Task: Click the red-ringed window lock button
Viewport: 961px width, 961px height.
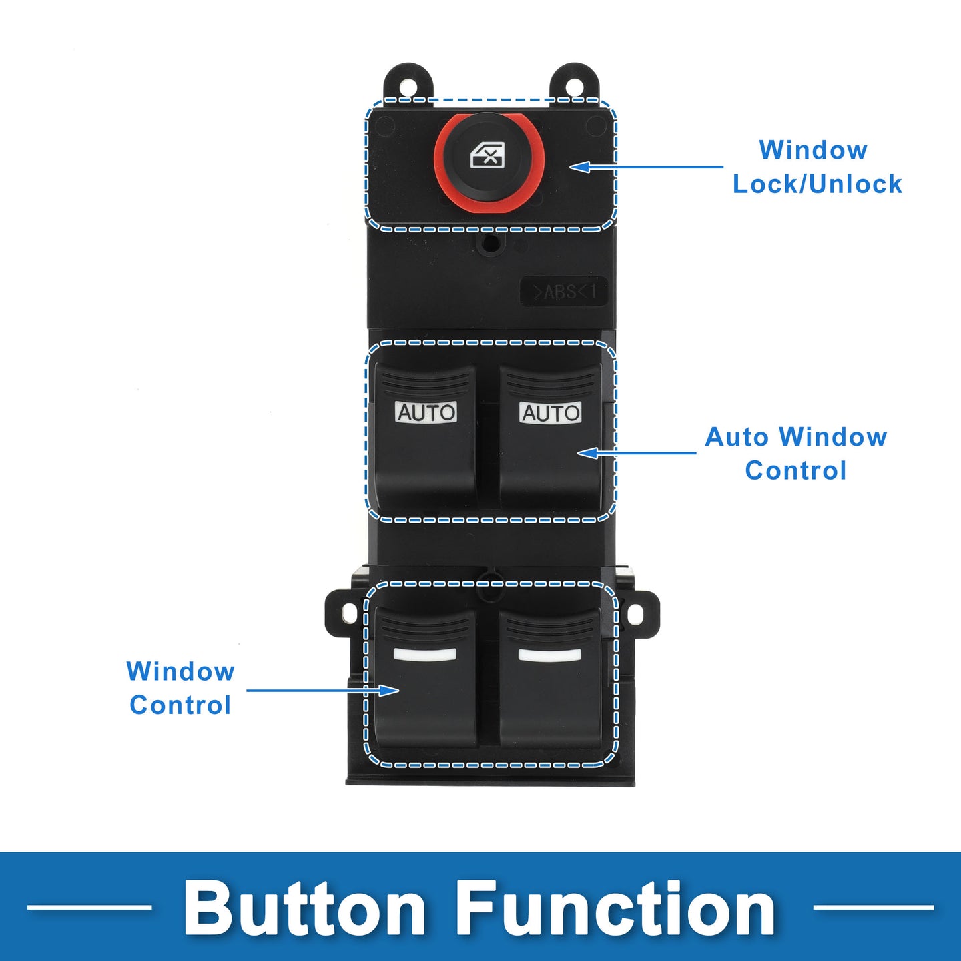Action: click(489, 160)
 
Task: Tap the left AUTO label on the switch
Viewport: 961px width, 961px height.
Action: click(426, 412)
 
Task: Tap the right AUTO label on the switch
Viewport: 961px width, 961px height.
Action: click(551, 412)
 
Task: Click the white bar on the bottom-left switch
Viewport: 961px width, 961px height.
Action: click(425, 654)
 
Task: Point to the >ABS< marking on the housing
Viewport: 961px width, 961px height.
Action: click(564, 292)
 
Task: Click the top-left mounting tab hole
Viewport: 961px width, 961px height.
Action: click(408, 85)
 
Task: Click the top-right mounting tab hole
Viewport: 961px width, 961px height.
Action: click(574, 85)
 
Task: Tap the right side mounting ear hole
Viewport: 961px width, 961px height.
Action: click(635, 614)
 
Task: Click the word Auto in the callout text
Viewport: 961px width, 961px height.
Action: click(737, 437)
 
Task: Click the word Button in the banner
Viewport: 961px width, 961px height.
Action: click(305, 908)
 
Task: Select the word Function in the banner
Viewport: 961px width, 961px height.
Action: click(615, 908)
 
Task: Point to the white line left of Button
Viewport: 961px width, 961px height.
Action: click(89, 907)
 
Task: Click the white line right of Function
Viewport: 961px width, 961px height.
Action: click(873, 907)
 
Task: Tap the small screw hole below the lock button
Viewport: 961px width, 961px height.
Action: click(491, 244)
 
